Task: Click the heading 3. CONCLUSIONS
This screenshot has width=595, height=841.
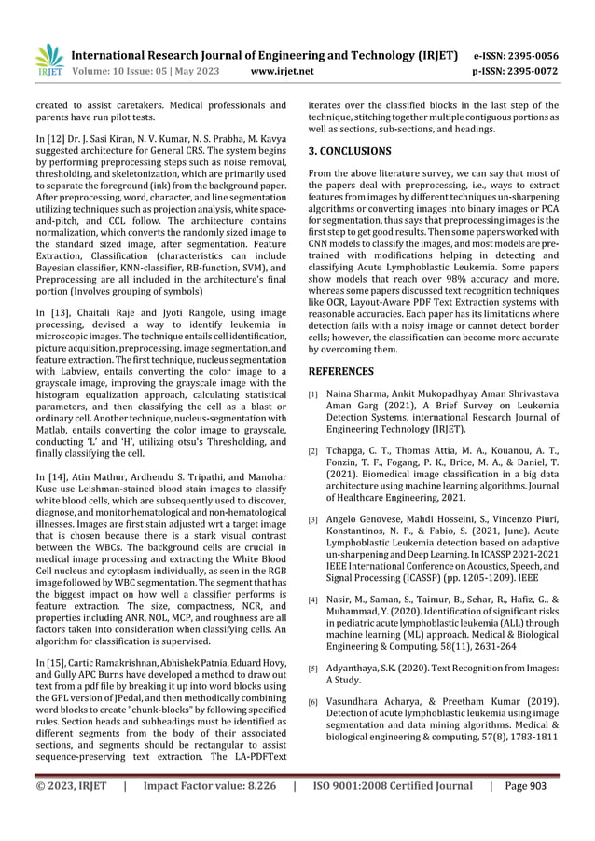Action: (x=350, y=150)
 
